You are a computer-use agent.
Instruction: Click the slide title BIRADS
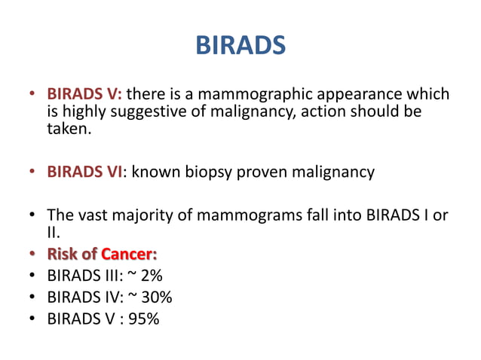tap(240, 45)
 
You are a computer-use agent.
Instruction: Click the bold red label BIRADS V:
tap(85, 95)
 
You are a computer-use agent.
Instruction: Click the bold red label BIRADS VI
tap(84, 172)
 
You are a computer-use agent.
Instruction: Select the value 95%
tap(143, 318)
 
